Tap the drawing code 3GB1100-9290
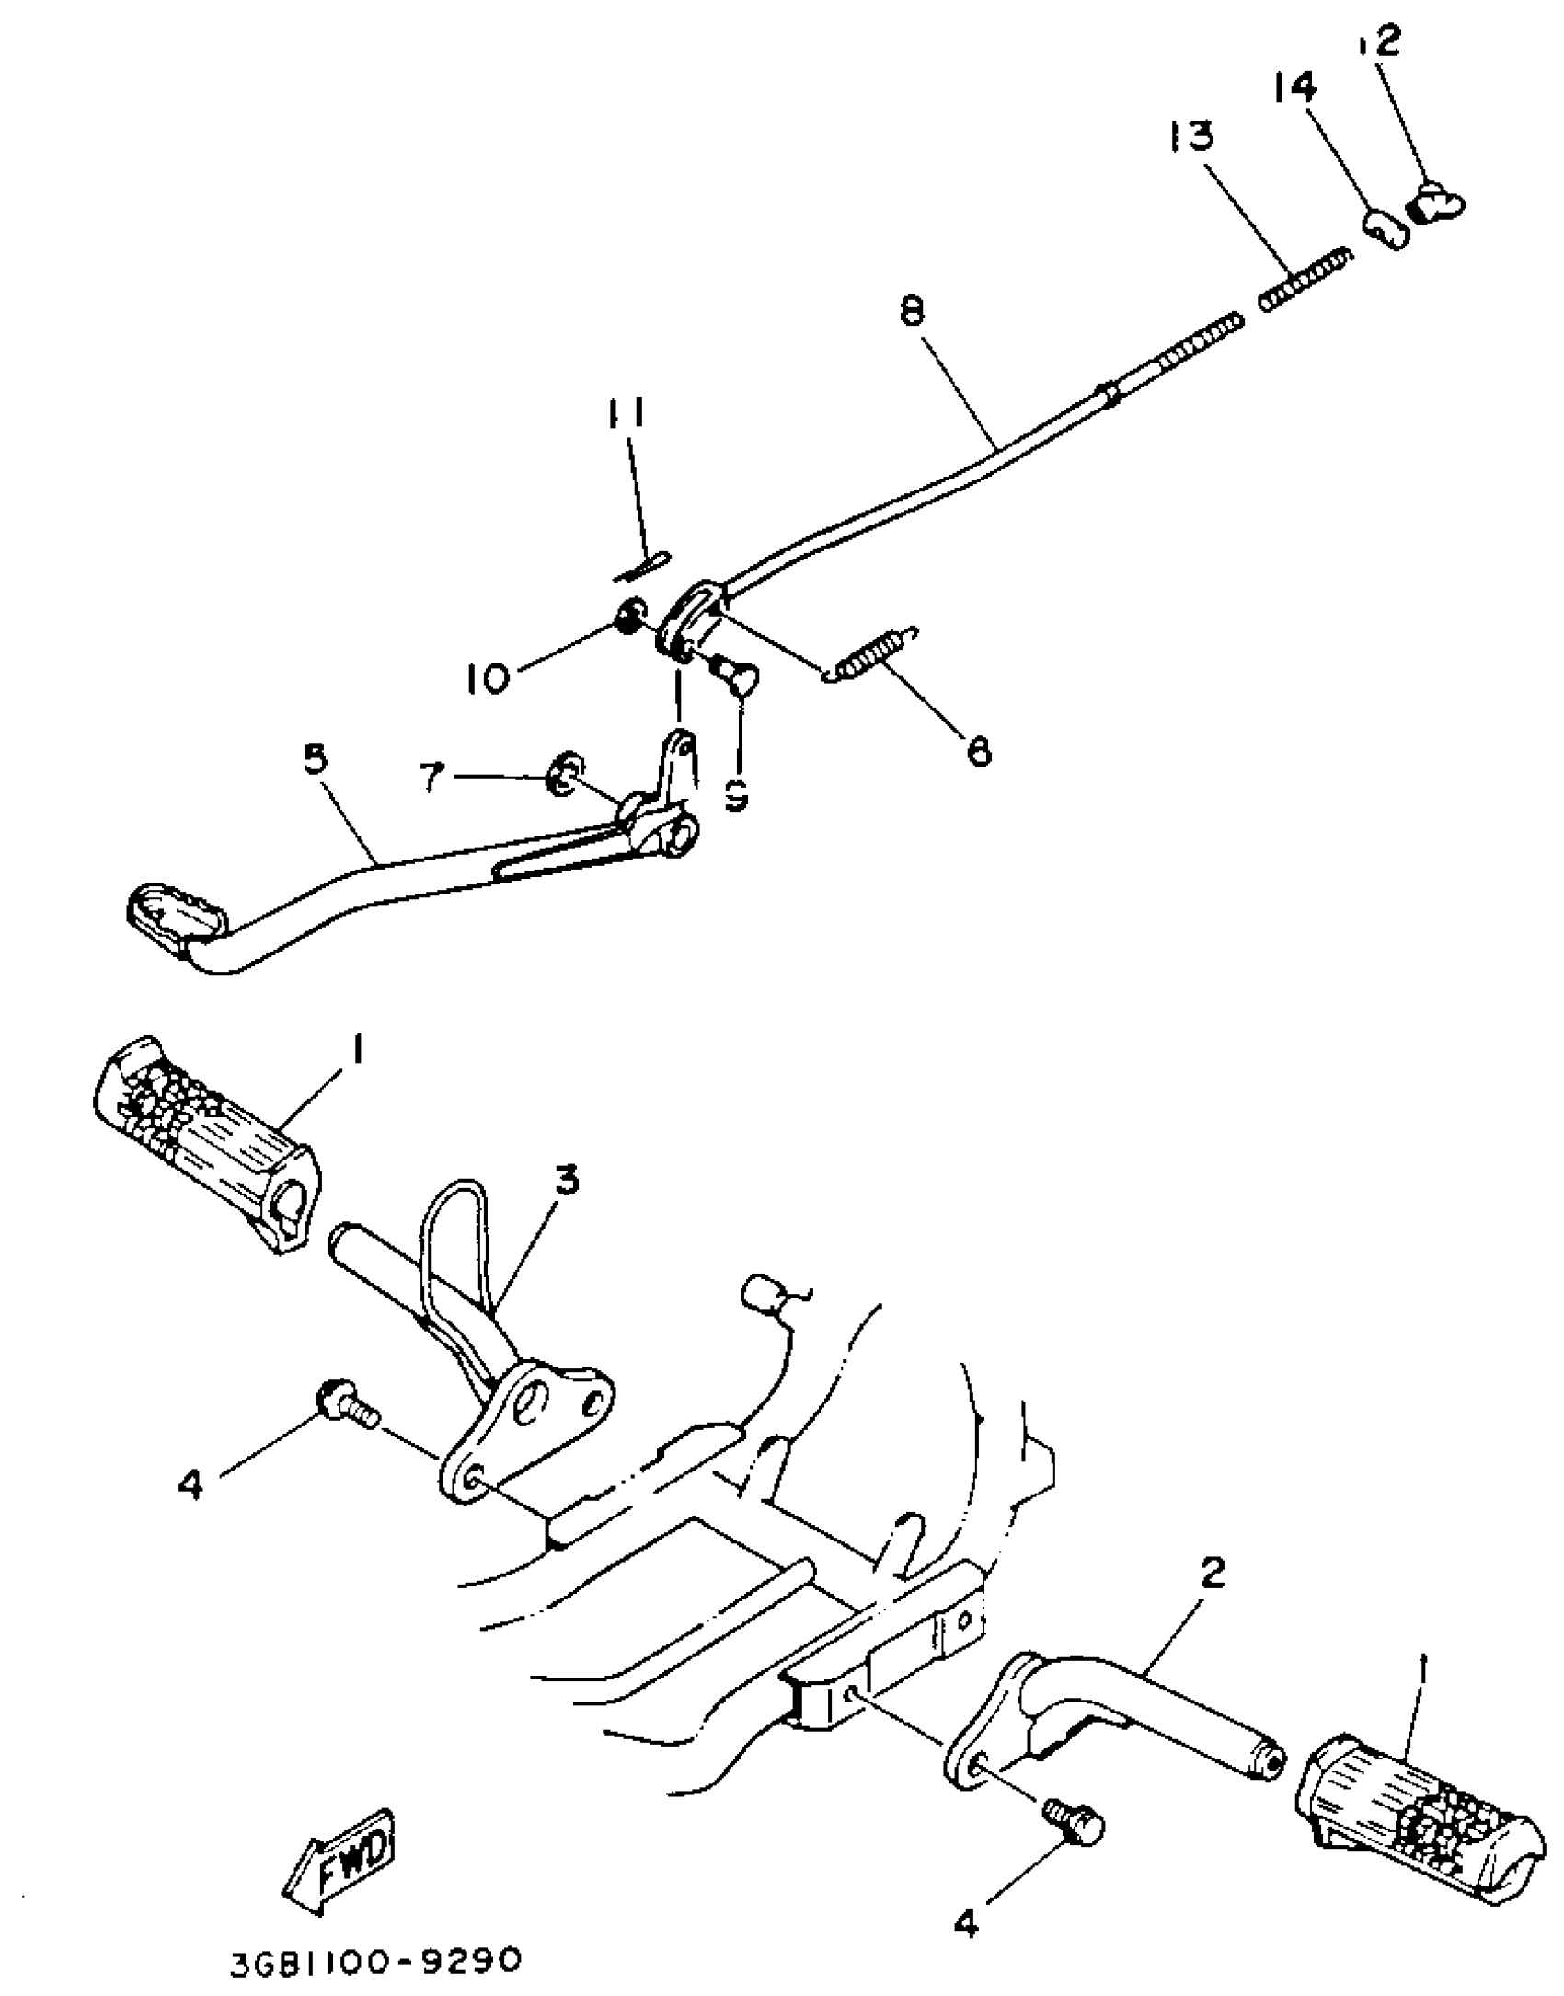coord(375,1961)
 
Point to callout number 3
coord(565,1181)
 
